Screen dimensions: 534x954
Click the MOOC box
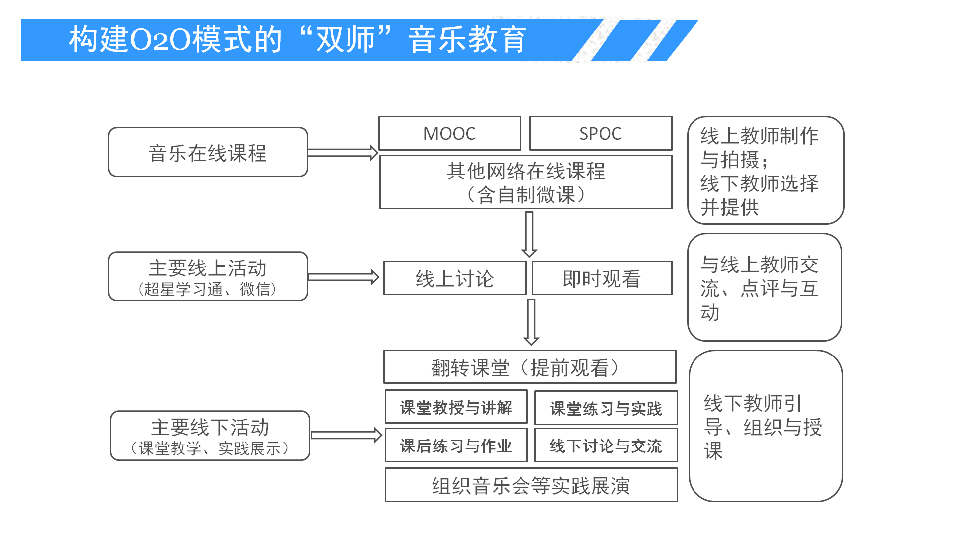(449, 133)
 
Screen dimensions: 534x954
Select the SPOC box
(601, 133)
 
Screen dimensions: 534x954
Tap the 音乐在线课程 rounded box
(208, 152)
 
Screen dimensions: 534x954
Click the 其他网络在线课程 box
(525, 182)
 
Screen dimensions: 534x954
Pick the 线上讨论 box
(454, 278)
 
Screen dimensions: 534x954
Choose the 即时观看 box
(602, 278)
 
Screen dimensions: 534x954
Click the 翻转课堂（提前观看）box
(529, 367)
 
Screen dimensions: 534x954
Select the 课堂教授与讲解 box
(456, 407)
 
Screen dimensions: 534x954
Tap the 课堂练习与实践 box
(606, 408)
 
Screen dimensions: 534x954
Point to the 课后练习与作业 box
(456, 445)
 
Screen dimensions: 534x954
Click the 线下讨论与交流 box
(606, 445)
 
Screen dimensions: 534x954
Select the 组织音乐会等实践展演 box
(531, 485)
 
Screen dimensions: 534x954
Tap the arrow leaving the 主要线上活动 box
(344, 277)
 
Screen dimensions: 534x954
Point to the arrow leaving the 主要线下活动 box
(346, 436)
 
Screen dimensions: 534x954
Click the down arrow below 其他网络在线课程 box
(529, 234)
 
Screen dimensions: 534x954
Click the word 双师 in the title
(346, 40)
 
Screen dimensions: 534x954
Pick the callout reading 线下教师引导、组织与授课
(765, 426)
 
